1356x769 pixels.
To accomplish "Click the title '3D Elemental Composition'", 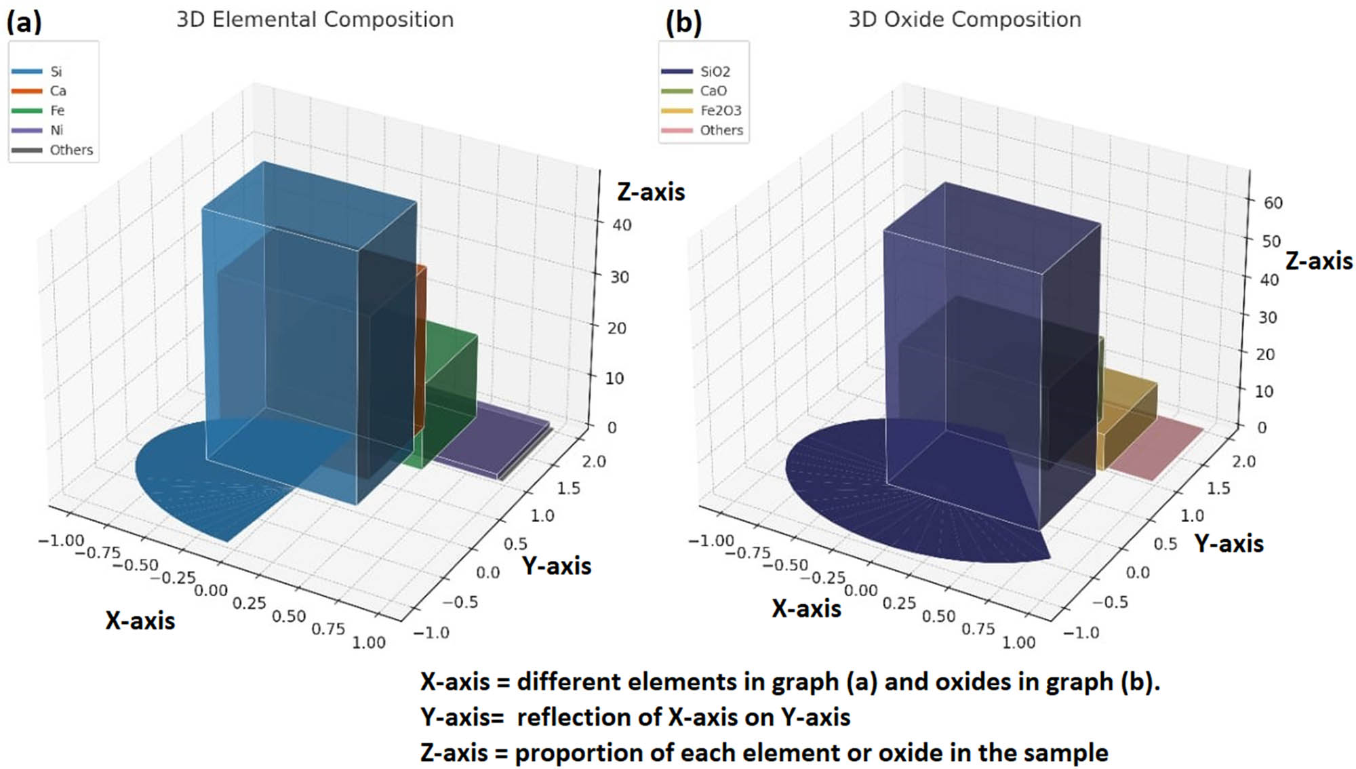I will click(x=315, y=20).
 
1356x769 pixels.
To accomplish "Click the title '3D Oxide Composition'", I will click(x=965, y=20).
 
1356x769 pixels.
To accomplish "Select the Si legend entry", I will click(x=56, y=71).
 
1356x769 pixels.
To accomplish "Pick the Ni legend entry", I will click(x=56, y=130).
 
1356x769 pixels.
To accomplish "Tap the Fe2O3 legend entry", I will click(x=720, y=111).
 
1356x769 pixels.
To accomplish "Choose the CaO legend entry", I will click(x=713, y=91).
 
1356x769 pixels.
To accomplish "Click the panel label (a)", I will click(x=24, y=22).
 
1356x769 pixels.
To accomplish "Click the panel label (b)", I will click(x=683, y=22).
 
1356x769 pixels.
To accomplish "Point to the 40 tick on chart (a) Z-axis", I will click(x=622, y=225).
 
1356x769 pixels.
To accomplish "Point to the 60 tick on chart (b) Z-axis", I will click(x=1273, y=203).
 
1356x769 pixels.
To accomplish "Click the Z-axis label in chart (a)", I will click(x=651, y=192).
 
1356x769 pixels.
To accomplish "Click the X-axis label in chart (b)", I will click(x=806, y=608).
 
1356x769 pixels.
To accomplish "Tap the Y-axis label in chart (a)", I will click(x=557, y=566).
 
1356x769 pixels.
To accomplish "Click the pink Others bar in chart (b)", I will click(x=1156, y=447).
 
